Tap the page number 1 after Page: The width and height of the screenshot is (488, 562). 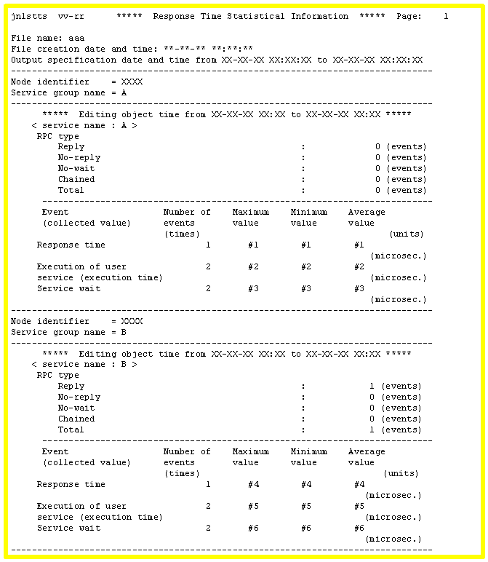point(446,16)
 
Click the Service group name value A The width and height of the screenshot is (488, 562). point(114,92)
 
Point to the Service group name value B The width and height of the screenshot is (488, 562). point(114,332)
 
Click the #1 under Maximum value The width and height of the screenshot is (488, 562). point(253,245)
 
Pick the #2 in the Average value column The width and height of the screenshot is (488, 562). point(359,267)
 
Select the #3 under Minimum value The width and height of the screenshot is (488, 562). point(305,289)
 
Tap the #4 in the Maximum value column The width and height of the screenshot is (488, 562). point(253,485)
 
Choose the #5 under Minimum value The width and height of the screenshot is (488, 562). point(305,507)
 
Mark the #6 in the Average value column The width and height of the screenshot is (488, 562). point(359,529)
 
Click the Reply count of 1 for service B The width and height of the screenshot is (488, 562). point(372,387)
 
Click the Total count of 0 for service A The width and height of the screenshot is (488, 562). point(377,191)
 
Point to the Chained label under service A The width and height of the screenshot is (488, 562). point(76,180)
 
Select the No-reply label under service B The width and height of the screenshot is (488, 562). point(79,397)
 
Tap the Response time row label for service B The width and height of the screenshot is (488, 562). point(71,485)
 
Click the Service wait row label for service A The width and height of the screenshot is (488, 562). point(68,289)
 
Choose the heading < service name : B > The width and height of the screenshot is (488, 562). point(84,365)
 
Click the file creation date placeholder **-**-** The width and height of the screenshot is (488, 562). point(184,49)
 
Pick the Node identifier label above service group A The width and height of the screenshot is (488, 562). point(50,82)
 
